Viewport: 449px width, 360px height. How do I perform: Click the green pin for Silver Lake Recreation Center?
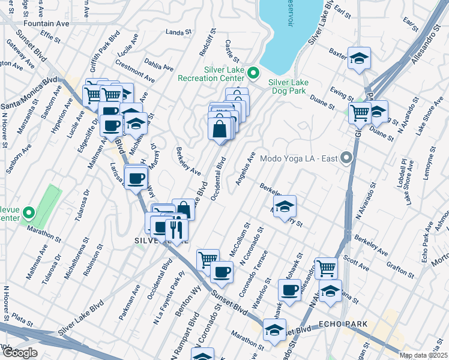[253, 74]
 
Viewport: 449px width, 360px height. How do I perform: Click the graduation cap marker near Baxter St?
[359, 59]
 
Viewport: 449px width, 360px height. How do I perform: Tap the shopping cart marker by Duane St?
[359, 112]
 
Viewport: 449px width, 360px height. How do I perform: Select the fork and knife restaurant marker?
[176, 228]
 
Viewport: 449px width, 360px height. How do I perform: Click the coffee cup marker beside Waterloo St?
[289, 291]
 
